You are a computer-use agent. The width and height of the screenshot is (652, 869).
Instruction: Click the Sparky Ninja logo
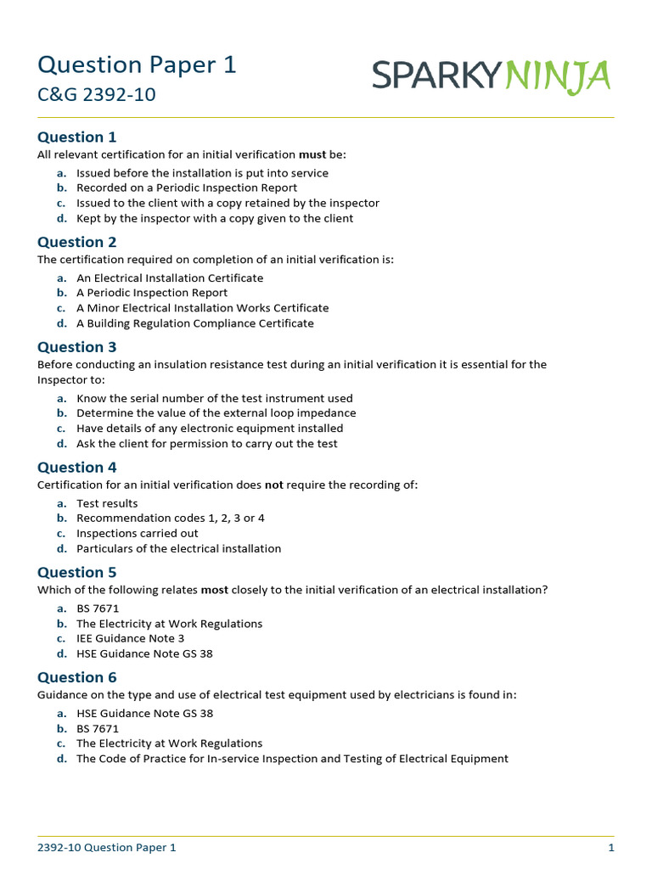point(491,77)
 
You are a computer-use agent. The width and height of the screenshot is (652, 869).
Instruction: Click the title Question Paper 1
point(137,64)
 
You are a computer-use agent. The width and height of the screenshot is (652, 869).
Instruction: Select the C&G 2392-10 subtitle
point(97,95)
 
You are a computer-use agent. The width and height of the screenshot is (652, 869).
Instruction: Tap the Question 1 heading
point(77,137)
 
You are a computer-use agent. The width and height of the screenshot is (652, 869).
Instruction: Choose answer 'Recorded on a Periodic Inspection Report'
point(187,188)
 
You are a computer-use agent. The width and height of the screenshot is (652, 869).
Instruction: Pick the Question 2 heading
point(77,242)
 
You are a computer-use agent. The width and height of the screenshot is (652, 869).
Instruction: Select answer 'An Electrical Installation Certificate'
point(170,278)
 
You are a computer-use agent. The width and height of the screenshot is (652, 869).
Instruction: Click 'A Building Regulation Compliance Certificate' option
point(194,323)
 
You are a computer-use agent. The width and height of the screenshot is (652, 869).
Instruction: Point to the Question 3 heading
point(77,347)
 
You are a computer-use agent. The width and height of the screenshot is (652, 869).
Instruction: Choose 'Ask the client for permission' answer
point(206,443)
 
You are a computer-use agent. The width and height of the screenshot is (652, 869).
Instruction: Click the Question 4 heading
point(77,468)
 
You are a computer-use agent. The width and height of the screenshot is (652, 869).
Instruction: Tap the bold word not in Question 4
point(274,485)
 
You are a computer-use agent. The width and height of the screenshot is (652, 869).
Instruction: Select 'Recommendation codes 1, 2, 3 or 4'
point(164,518)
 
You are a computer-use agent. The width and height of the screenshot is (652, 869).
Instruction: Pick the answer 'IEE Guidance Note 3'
point(130,638)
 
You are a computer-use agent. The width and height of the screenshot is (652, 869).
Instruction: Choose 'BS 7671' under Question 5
point(98,608)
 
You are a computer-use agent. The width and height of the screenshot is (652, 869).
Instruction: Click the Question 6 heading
point(77,677)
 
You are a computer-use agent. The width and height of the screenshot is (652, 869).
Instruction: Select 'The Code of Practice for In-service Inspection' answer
point(292,759)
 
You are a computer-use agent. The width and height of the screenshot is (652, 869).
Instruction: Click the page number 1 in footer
point(610,848)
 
